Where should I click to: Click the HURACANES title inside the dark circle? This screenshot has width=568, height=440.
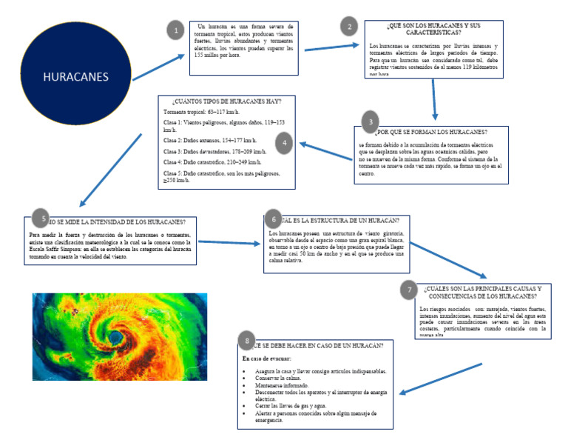[x=75, y=77]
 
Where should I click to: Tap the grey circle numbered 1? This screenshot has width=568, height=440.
[x=175, y=31]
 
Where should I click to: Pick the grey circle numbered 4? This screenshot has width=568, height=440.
[x=284, y=141]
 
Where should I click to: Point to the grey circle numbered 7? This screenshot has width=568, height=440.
[x=409, y=290]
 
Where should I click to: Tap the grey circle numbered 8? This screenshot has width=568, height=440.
[x=246, y=341]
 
